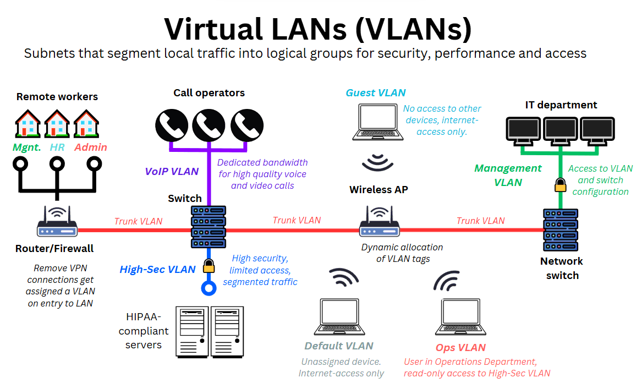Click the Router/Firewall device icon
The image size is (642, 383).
57,223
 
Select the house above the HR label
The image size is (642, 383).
57,123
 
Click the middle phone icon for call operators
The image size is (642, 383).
208,126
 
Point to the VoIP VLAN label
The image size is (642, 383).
172,172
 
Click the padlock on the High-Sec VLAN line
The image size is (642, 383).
208,267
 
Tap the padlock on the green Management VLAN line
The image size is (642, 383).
560,185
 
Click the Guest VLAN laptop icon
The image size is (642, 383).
377,122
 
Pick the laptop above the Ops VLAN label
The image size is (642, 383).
460,318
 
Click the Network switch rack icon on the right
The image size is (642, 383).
560,230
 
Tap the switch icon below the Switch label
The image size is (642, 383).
208,226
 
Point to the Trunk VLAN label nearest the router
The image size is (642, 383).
138,221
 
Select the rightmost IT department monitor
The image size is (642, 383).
597,130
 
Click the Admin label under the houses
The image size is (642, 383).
91,147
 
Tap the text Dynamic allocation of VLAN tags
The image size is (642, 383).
402,253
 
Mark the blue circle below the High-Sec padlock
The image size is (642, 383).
208,287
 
